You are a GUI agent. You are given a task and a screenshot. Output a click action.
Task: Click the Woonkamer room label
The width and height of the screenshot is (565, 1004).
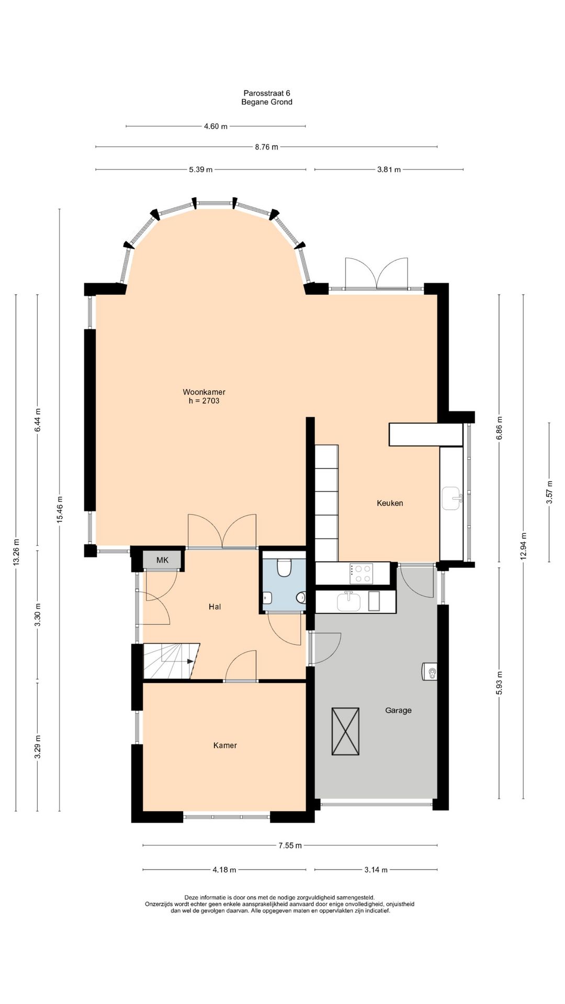[x=204, y=392]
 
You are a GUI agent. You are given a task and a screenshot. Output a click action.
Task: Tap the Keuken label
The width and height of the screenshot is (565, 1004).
[x=390, y=503]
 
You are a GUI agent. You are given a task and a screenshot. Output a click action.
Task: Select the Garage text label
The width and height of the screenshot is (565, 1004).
[x=398, y=710]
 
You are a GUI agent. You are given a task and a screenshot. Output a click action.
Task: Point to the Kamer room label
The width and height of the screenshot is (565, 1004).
[x=225, y=745]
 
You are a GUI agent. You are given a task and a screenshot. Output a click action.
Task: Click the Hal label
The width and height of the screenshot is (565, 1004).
[x=214, y=607]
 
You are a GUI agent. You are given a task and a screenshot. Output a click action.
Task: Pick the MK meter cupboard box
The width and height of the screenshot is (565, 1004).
[x=163, y=560]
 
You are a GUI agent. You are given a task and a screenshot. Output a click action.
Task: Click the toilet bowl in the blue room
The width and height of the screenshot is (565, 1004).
[x=284, y=567]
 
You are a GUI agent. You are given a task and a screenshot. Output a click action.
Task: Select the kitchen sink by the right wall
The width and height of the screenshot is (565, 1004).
[x=451, y=498]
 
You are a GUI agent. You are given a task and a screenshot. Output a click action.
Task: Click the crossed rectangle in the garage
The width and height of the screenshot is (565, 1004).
[x=345, y=731]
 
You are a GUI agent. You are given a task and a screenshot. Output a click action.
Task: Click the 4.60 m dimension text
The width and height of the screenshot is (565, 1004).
[x=216, y=126]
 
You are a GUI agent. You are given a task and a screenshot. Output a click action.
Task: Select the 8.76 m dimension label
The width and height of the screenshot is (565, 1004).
[x=266, y=147]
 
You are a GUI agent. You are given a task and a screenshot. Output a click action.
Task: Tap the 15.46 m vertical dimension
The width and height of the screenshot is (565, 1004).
[x=60, y=509]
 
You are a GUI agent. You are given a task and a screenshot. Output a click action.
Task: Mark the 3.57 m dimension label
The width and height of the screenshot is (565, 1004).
[x=549, y=492]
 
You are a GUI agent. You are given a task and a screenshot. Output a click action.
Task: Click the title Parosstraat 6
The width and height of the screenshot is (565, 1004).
[x=267, y=93]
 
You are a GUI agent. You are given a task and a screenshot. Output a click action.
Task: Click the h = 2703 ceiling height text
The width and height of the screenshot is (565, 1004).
[x=204, y=401]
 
